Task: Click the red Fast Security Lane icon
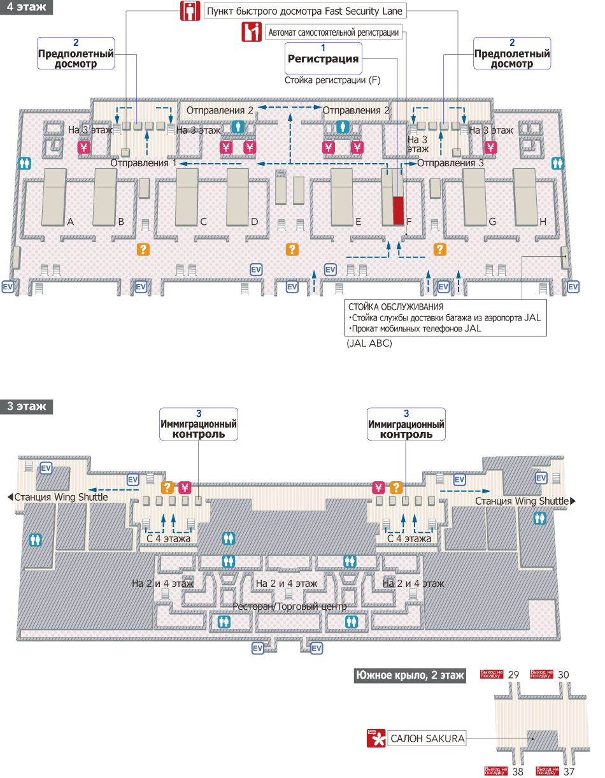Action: [189, 11]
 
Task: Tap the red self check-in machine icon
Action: [252, 32]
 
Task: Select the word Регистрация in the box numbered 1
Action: [324, 59]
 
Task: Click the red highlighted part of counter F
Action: [398, 211]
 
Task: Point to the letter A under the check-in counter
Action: [71, 222]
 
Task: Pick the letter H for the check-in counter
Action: [543, 222]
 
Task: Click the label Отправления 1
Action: [144, 163]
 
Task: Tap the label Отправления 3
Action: [450, 163]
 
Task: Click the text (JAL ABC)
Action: [369, 343]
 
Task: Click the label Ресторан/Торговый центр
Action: [289, 606]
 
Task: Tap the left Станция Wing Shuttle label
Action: [61, 497]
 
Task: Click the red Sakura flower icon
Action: [376, 738]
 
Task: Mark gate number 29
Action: [514, 674]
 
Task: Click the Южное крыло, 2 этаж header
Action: [409, 675]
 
